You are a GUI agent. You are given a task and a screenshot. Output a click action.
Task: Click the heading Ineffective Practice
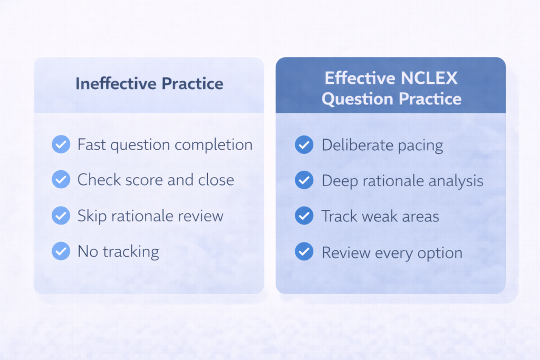coord(149,84)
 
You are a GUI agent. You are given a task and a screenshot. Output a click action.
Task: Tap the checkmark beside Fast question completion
coord(61,144)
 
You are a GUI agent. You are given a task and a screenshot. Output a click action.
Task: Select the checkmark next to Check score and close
coord(61,180)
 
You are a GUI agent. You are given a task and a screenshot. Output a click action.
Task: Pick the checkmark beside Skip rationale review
coord(61,216)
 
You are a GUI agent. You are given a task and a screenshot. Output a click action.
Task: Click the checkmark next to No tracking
coord(61,251)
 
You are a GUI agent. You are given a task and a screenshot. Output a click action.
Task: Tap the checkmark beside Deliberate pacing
coord(304,145)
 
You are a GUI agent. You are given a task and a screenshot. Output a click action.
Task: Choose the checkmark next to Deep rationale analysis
coord(304,181)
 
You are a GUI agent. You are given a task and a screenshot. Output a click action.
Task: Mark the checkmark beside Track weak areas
coord(304,216)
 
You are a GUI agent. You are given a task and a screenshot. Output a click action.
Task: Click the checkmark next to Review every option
coord(304,252)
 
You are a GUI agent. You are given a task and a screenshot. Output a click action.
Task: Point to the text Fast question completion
coord(165,145)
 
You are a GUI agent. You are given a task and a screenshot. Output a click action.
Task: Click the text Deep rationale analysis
coord(402,181)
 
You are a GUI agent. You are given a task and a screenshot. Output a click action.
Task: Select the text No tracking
coord(118,252)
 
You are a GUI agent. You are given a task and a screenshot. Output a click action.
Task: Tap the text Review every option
coord(392,252)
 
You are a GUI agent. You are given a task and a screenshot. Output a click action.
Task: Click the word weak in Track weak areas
coord(380,216)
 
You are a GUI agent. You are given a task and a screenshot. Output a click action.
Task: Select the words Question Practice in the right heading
coord(391,99)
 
